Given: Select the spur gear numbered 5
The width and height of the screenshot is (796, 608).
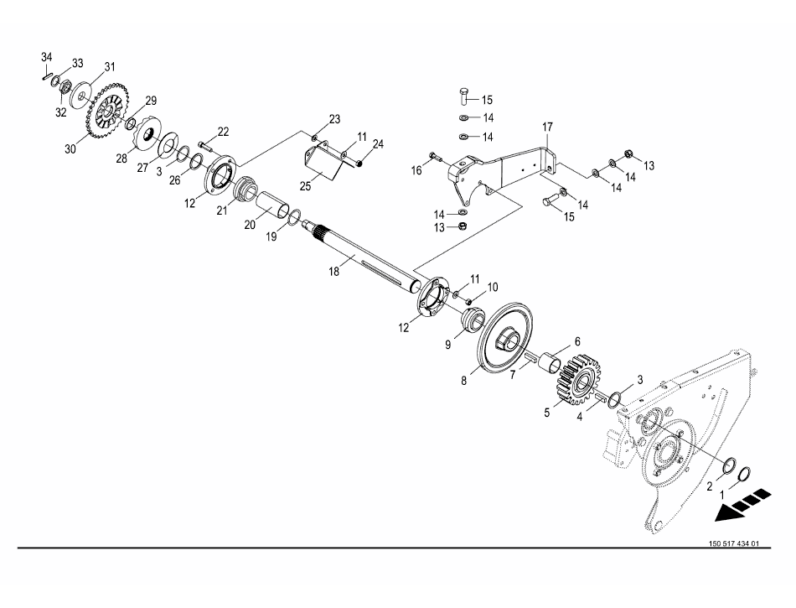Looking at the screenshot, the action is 580,379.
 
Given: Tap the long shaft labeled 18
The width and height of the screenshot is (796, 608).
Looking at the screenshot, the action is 364,257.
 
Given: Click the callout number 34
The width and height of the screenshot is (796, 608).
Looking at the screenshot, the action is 47,56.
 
